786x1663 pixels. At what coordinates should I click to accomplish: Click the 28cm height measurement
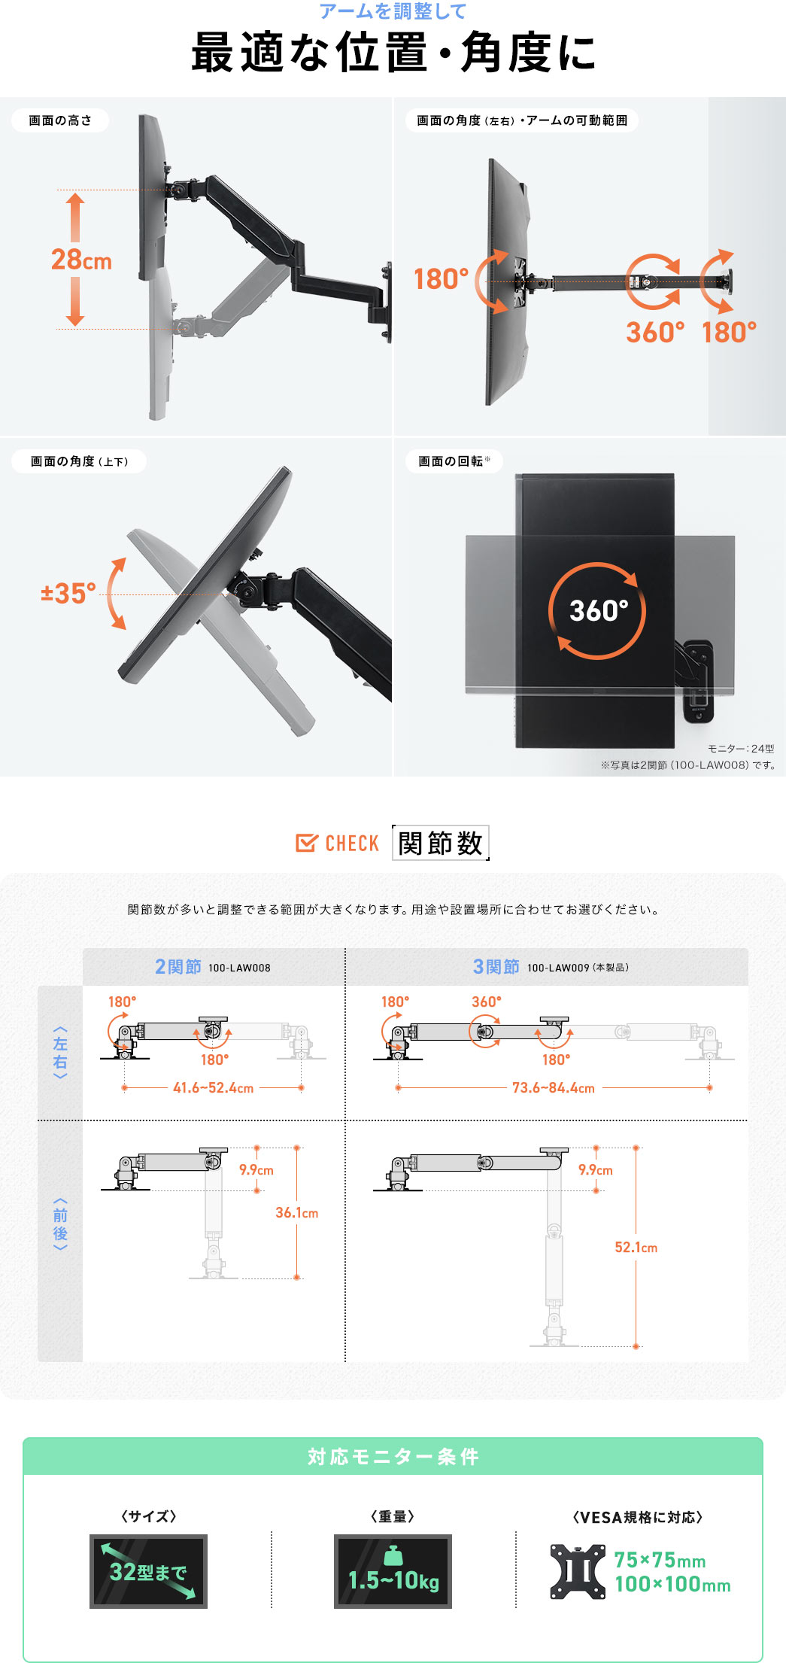81,260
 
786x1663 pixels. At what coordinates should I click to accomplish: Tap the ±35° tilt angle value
68,593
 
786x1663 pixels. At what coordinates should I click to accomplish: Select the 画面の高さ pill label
60,120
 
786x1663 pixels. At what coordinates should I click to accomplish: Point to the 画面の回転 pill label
454,461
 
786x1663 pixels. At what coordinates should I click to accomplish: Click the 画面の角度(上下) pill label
79,461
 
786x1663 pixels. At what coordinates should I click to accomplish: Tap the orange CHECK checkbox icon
306,843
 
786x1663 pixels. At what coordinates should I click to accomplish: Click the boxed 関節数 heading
440,843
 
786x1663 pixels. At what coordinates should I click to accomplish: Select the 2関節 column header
178,967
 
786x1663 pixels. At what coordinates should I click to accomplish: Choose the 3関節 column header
496,967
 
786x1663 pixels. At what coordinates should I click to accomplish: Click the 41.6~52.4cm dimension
213,1088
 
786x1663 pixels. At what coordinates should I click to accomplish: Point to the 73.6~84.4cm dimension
553,1088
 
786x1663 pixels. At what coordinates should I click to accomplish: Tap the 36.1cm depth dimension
296,1213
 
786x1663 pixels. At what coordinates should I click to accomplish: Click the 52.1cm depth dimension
636,1248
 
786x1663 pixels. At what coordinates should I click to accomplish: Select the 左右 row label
60,1052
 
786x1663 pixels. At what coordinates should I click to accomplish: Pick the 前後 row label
60,1224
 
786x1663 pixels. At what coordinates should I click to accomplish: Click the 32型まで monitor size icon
148,1571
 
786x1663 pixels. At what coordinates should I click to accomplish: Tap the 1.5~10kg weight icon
393,1571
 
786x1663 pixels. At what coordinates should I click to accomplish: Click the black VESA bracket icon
578,1571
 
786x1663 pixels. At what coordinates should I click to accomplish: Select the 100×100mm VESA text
672,1584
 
